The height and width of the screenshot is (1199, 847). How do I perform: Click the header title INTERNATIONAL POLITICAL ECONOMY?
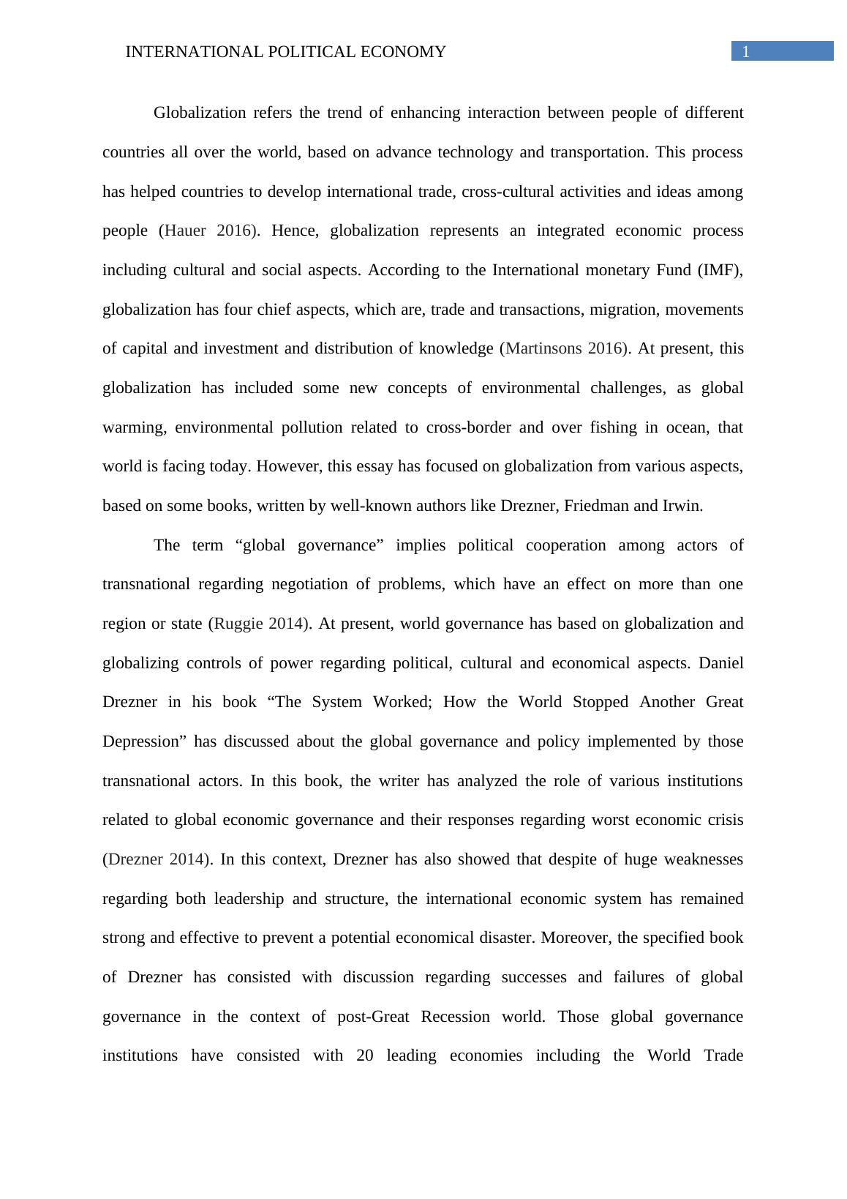coord(285,52)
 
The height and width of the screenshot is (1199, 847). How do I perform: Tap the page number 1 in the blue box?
coord(746,51)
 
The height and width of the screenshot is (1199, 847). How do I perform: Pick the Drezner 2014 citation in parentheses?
coord(155,859)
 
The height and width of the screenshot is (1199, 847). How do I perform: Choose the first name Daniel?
coord(720,663)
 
